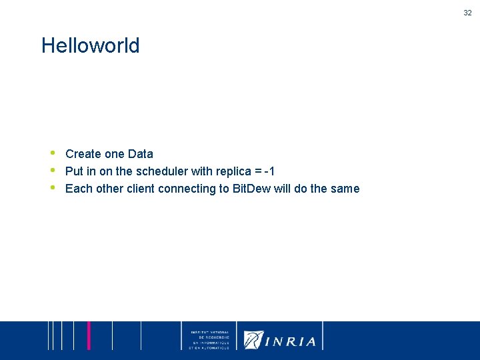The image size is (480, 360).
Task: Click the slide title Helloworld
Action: pyautogui.click(x=91, y=46)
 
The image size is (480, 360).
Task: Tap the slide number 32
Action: pyautogui.click(x=467, y=12)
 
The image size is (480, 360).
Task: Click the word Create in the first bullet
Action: pyautogui.click(x=83, y=154)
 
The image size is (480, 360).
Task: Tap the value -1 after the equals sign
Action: pyautogui.click(x=269, y=171)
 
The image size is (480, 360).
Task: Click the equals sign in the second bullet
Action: pyautogui.click(x=255, y=171)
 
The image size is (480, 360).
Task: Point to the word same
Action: pyautogui.click(x=345, y=189)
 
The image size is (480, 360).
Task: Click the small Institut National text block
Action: pyautogui.click(x=209, y=340)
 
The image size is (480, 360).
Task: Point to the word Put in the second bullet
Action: pyautogui.click(x=74, y=171)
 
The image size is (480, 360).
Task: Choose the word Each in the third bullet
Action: pyautogui.click(x=79, y=189)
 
